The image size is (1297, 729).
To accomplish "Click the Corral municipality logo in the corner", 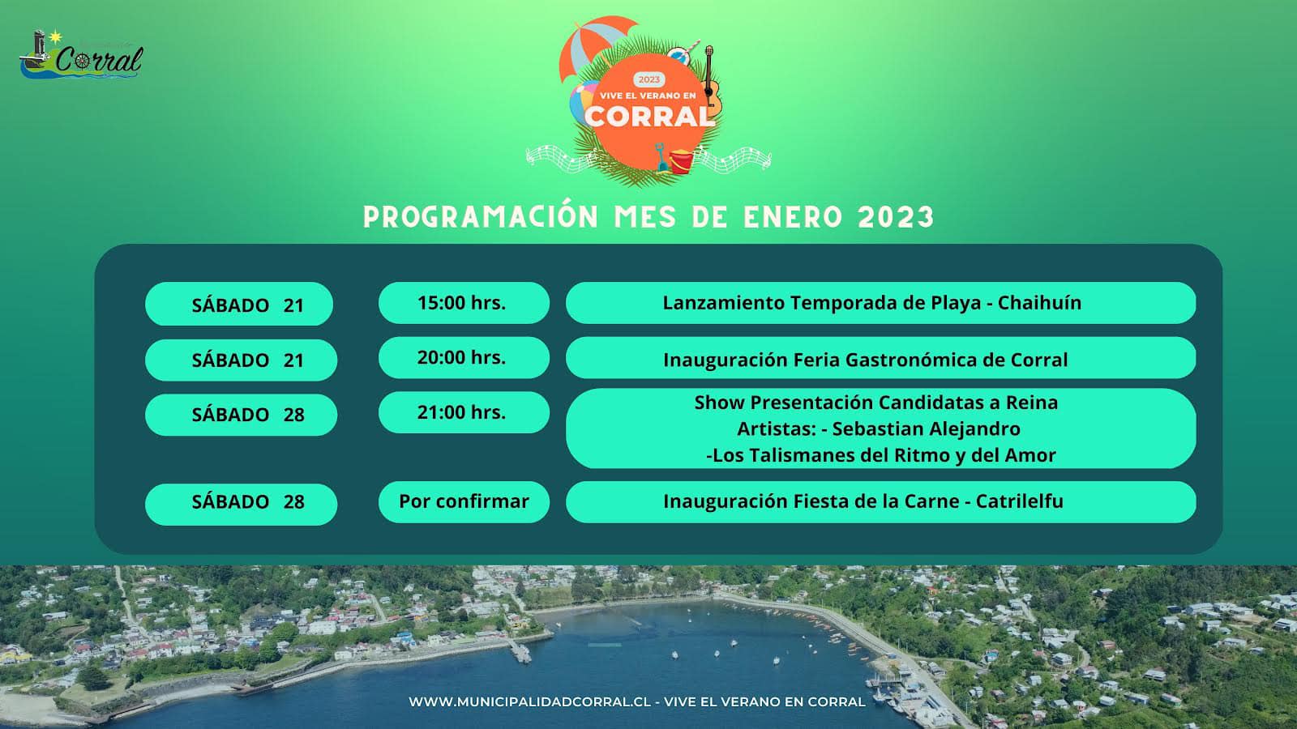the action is click(x=81, y=54).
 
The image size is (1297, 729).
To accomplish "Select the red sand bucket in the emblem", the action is click(x=681, y=161).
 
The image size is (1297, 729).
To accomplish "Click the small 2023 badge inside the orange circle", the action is click(x=648, y=80).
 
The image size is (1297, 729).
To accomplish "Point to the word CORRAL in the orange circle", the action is click(x=649, y=117).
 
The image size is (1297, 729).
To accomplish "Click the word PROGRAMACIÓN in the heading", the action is click(x=481, y=217).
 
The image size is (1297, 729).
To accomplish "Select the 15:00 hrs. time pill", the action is click(x=464, y=303).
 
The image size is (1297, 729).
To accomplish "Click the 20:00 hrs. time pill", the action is click(x=464, y=357).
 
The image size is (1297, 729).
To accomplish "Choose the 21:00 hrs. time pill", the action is click(x=464, y=412).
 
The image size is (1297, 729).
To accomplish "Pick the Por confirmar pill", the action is click(x=464, y=501).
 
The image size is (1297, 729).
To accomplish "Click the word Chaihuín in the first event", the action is click(x=1039, y=303).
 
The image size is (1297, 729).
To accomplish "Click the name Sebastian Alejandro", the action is click(x=926, y=428).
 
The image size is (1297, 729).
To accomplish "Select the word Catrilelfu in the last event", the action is click(x=1019, y=501).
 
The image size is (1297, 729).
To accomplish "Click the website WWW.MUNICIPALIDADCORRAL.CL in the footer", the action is click(x=530, y=701).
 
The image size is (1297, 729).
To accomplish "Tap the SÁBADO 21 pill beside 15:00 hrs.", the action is click(x=239, y=304).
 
